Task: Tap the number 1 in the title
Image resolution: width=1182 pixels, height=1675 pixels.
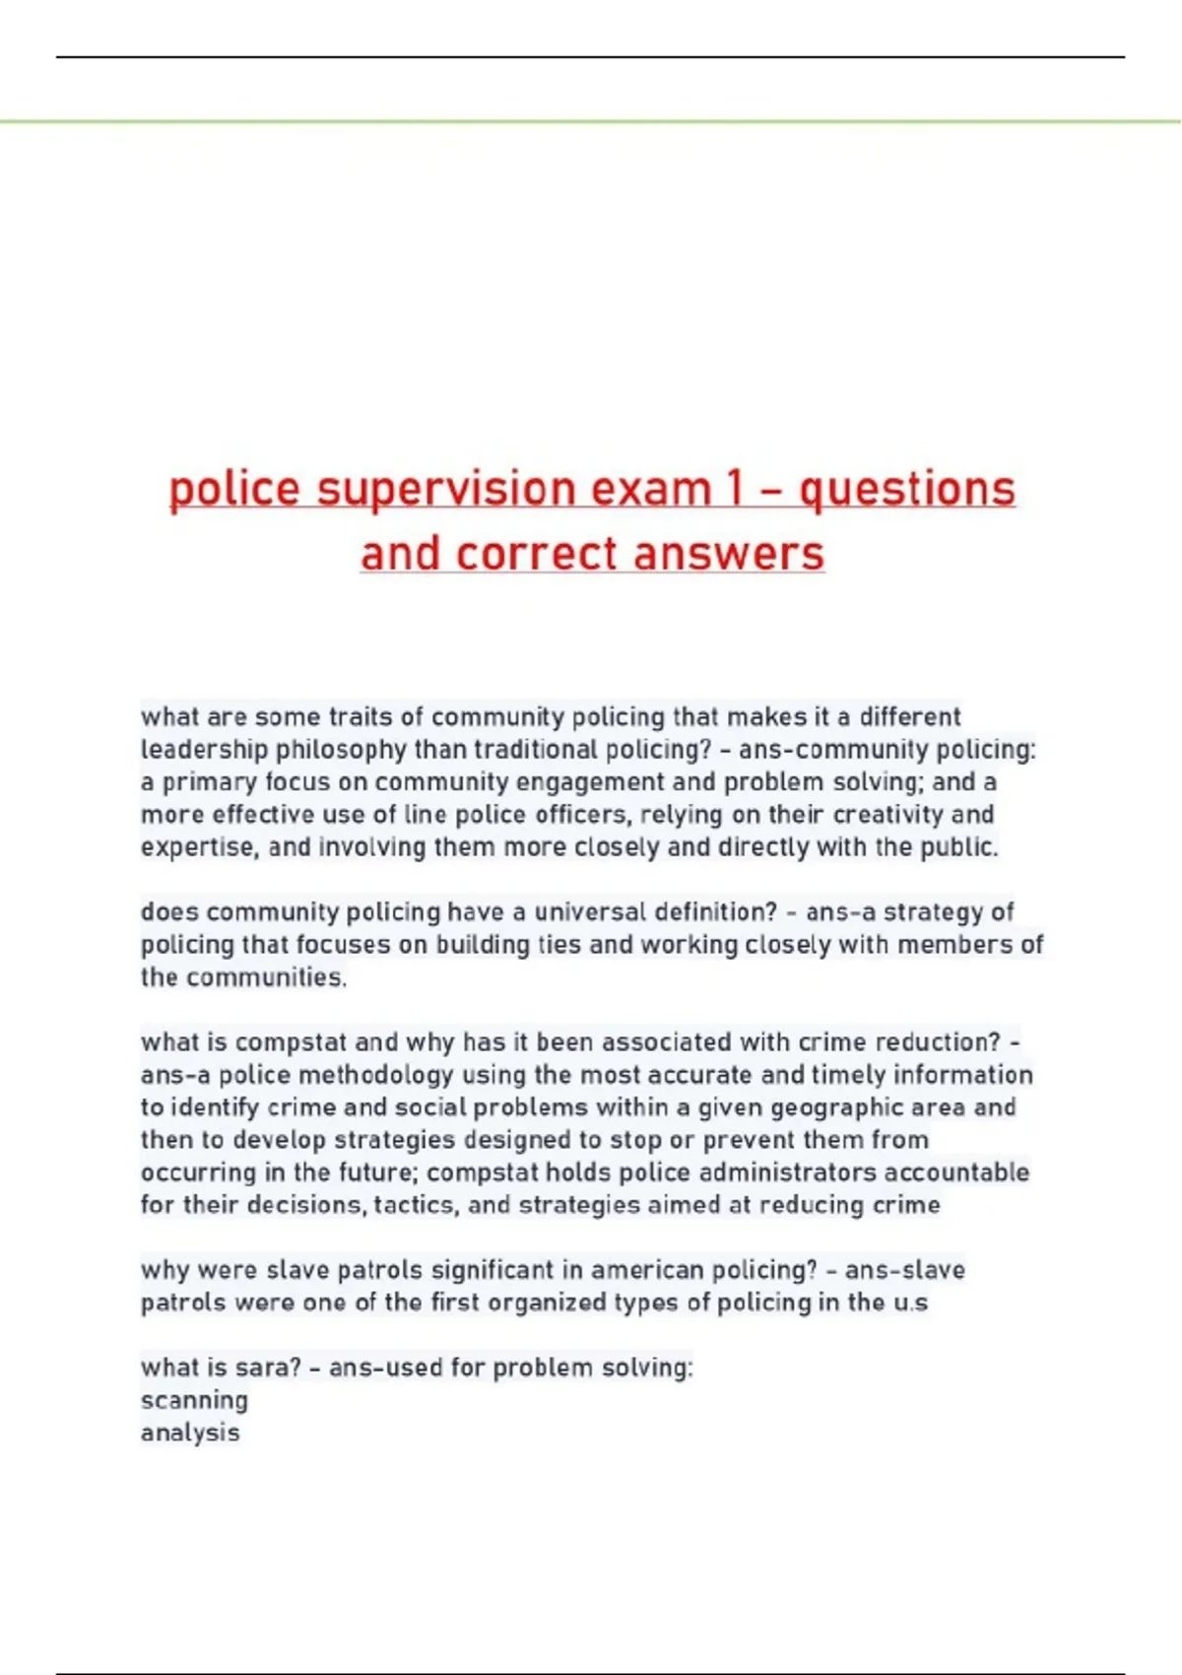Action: point(732,490)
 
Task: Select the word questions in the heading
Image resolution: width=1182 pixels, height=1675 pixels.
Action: point(906,490)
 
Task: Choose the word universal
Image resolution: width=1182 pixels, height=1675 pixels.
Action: point(589,912)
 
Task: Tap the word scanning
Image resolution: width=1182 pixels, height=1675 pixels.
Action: point(194,1401)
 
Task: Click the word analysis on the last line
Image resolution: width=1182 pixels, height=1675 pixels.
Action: point(190,1434)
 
